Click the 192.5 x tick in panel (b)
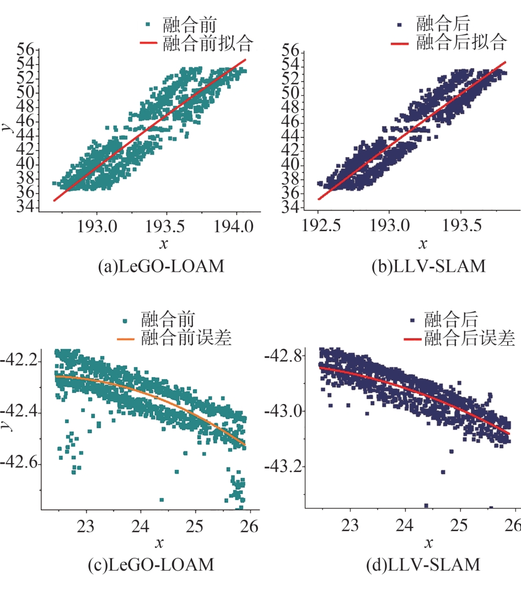click(x=318, y=227)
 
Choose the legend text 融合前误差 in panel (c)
click(x=186, y=336)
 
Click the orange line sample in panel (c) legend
click(x=128, y=336)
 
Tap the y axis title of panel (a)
click(x=5, y=127)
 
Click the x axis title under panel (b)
click(x=422, y=244)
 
